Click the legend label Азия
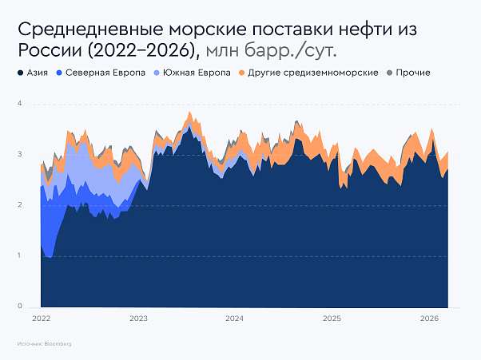click(37, 73)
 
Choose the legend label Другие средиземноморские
click(312, 73)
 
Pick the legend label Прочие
click(413, 73)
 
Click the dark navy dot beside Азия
click(20, 73)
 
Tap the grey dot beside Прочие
click(390, 73)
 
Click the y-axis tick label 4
click(19, 105)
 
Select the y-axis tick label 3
click(19, 155)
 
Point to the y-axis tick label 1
click(19, 255)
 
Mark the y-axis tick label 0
click(19, 307)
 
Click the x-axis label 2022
click(42, 318)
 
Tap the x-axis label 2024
click(235, 318)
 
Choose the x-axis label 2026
click(430, 318)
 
